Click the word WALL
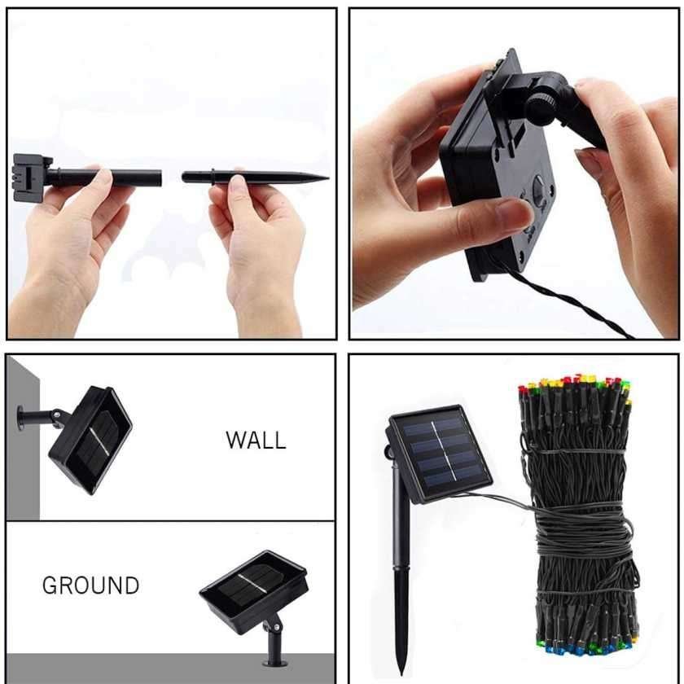[x=256, y=441]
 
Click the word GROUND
[x=90, y=585]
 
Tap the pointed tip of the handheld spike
[x=327, y=178]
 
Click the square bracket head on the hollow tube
[x=31, y=178]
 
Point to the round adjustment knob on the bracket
[x=541, y=107]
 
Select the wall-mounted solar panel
[x=90, y=441]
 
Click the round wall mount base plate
[x=20, y=419]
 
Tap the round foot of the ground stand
[x=275, y=664]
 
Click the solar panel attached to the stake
[x=439, y=454]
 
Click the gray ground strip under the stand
[x=170, y=669]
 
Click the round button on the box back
[x=539, y=183]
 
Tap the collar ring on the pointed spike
[x=213, y=178]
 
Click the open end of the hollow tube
[x=160, y=178]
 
